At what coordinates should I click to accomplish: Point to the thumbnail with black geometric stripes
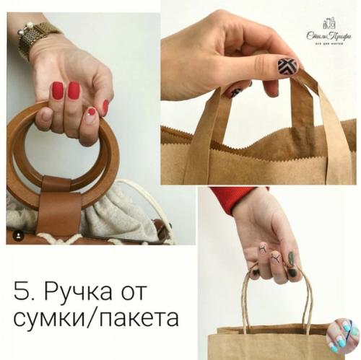point(287,68)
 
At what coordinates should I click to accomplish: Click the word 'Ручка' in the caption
point(77,292)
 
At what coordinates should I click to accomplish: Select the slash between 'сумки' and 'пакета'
point(91,318)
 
